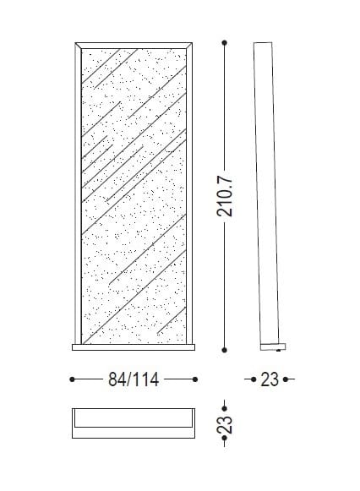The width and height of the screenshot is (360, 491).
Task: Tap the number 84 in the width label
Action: click(x=117, y=379)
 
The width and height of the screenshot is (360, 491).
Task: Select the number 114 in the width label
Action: click(x=145, y=379)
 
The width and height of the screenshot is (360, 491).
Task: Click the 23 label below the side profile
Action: click(x=270, y=379)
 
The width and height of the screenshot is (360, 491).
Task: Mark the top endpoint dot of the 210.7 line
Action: click(x=225, y=41)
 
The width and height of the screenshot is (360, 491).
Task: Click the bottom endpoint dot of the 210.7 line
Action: click(x=225, y=348)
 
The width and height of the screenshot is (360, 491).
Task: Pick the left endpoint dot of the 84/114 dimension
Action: click(x=72, y=379)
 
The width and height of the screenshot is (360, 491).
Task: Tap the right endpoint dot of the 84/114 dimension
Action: click(x=196, y=379)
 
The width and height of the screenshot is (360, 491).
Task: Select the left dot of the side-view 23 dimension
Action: click(x=248, y=379)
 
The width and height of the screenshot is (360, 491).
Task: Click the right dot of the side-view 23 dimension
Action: click(x=290, y=379)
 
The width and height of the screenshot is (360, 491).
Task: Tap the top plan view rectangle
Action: click(x=134, y=423)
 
